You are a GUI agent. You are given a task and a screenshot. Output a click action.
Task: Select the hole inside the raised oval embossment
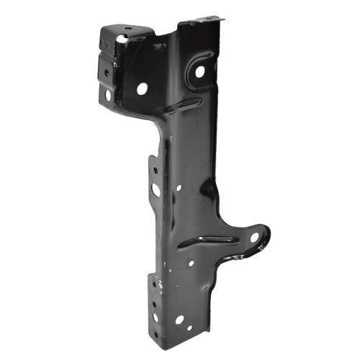200,71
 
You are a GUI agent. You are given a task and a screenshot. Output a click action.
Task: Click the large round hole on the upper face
142,88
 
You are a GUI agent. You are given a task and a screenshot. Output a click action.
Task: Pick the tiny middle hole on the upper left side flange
106,72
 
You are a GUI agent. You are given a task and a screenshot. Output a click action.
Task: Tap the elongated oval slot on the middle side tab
156,189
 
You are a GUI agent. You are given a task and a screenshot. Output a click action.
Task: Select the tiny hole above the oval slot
153,171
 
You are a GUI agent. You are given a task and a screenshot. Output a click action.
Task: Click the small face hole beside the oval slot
179,189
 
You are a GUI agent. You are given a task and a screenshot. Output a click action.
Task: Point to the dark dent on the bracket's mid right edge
209,189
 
